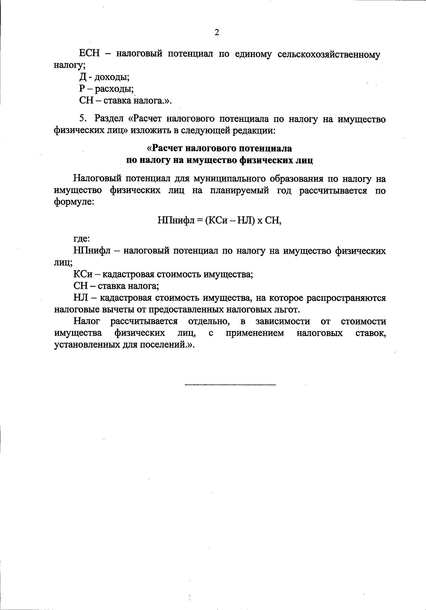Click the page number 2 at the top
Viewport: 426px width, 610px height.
(x=217, y=33)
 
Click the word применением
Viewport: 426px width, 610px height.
(x=255, y=333)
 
